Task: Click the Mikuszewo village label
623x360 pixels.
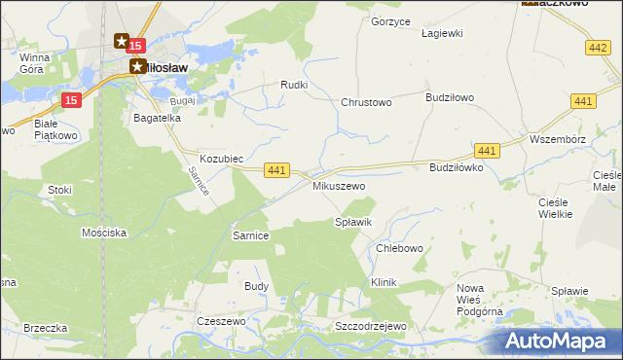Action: [x=338, y=185]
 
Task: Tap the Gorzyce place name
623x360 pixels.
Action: [x=391, y=21]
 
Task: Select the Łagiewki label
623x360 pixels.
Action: [x=441, y=33]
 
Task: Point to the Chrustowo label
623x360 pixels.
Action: [x=366, y=102]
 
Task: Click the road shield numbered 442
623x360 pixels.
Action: [x=599, y=47]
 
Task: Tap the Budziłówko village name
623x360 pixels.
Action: [x=457, y=167]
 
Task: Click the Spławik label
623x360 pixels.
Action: [x=353, y=223]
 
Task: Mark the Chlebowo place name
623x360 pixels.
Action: [x=399, y=248]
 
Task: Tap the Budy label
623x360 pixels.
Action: [x=256, y=286]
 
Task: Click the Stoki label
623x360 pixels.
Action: [x=59, y=190]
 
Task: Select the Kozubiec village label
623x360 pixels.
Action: [x=221, y=158]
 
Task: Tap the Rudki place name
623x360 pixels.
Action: [x=294, y=85]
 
